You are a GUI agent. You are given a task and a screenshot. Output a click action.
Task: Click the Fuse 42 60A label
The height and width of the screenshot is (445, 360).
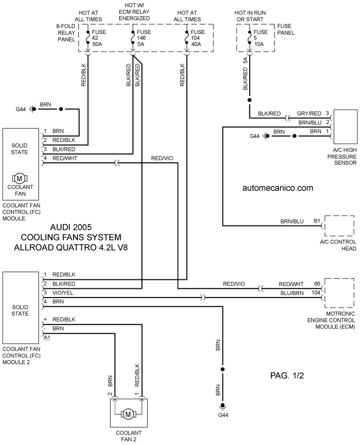click(x=99, y=38)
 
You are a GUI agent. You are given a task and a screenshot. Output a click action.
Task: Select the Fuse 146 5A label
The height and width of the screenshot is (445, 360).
click(x=144, y=38)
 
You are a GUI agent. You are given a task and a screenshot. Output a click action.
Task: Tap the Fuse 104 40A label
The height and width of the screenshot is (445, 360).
click(x=198, y=38)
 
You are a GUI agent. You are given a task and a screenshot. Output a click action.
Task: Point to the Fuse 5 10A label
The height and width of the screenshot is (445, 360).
click(x=260, y=38)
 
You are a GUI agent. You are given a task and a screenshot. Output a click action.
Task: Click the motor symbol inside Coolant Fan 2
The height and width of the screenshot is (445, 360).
click(x=128, y=414)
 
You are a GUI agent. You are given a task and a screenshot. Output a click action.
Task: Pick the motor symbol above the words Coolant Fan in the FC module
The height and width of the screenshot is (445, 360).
click(x=20, y=178)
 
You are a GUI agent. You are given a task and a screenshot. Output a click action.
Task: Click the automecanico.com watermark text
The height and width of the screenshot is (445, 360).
click(x=278, y=188)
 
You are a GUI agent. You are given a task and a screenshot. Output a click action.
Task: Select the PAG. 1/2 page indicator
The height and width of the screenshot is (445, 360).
click(x=287, y=375)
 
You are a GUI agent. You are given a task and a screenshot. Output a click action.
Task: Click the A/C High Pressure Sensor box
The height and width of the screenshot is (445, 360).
click(x=346, y=127)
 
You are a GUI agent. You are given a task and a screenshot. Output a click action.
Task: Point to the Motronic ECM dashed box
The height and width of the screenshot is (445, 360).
click(x=339, y=279)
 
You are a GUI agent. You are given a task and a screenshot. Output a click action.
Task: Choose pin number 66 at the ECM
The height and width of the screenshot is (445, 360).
click(x=317, y=284)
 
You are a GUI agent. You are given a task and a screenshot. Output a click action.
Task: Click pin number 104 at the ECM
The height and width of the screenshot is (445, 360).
click(x=316, y=293)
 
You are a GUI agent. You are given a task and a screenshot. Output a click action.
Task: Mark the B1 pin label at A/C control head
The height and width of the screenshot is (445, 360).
click(x=317, y=221)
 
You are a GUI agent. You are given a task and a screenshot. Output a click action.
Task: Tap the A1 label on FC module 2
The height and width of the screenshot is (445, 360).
click(x=47, y=337)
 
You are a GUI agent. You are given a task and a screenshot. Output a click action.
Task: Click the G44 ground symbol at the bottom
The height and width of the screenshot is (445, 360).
click(x=223, y=406)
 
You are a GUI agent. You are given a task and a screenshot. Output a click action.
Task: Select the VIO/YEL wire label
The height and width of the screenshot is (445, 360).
click(x=63, y=293)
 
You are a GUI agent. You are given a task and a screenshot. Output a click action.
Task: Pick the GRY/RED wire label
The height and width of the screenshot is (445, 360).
click(x=309, y=113)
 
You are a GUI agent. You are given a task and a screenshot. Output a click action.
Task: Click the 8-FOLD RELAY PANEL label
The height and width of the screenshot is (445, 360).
click(x=66, y=33)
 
